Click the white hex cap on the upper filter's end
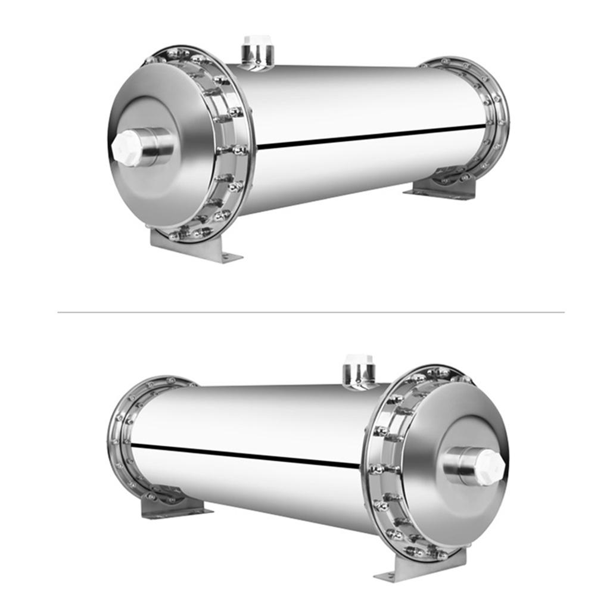tap(127, 148)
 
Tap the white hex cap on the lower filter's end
tap(490, 466)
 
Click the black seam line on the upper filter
tap(369, 135)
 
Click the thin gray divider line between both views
tap(310, 312)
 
